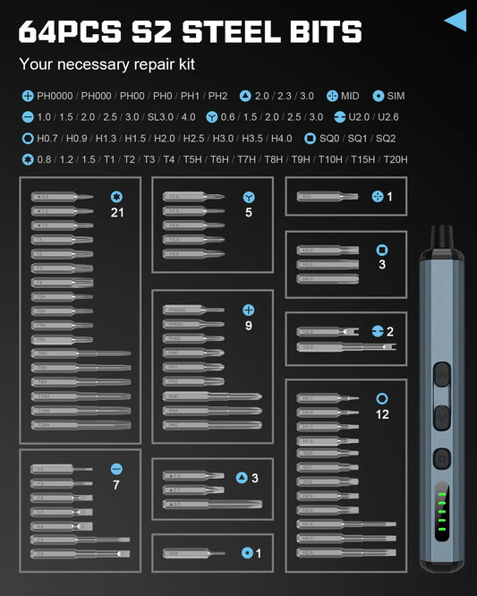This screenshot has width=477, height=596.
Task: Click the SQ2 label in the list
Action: [386, 139]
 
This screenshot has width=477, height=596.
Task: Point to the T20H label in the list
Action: [395, 160]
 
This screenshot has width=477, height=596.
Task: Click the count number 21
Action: [116, 212]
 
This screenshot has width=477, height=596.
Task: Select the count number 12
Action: [383, 414]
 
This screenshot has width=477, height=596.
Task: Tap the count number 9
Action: [248, 326]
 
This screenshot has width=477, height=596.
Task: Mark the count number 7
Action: [116, 484]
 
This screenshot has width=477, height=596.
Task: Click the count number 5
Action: [248, 212]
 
